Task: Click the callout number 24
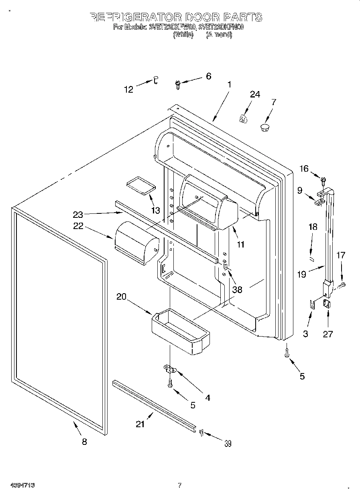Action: (x=255, y=94)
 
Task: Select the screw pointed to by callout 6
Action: (x=178, y=83)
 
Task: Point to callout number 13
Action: (x=155, y=210)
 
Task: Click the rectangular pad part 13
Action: (x=140, y=185)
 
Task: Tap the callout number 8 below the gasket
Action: (x=84, y=442)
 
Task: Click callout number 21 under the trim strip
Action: (x=140, y=424)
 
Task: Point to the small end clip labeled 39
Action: (x=201, y=432)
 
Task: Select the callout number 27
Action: (x=328, y=334)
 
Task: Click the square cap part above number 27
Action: (x=327, y=304)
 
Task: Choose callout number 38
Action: (x=237, y=289)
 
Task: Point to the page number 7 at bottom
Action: (x=180, y=485)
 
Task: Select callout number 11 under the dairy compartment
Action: (x=241, y=244)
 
